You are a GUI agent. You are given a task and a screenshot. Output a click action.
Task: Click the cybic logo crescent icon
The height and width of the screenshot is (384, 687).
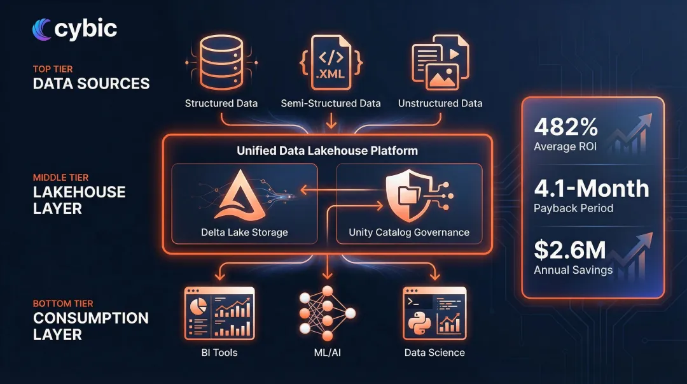(43, 29)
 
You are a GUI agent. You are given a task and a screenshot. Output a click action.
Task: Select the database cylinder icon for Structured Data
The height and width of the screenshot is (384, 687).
(221, 62)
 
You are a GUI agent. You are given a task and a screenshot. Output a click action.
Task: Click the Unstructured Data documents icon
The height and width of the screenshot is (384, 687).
(440, 62)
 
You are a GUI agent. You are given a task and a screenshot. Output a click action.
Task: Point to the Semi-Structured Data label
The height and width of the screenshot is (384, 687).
(331, 103)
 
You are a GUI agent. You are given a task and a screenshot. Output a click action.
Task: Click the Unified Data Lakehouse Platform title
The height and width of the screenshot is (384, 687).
(327, 151)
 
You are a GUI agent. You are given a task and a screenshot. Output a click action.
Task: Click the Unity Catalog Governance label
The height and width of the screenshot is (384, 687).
(409, 232)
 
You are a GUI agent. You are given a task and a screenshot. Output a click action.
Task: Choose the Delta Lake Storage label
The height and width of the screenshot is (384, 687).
(244, 232)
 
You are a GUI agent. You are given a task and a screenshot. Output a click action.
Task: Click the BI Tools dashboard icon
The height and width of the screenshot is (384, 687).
(219, 312)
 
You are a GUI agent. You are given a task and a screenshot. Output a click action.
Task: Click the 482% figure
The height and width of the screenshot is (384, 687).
(566, 127)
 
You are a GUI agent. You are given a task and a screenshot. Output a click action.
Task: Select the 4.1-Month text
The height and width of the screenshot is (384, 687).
(592, 188)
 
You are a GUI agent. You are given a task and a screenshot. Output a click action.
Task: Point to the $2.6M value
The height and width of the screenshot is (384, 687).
(570, 250)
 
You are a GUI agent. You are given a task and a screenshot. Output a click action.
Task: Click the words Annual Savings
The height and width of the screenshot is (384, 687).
(573, 270)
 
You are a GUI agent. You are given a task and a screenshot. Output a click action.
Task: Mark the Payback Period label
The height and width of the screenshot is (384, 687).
(574, 208)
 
